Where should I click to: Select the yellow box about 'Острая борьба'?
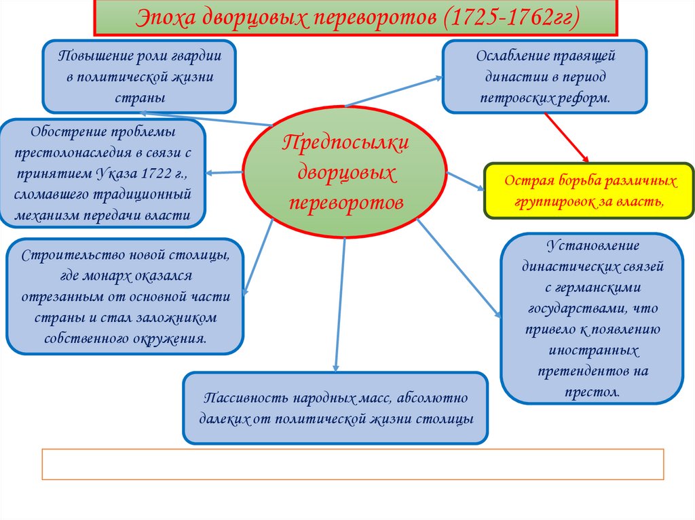tap(590, 191)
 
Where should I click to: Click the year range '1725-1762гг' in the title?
tap(510, 18)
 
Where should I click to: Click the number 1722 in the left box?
tap(158, 173)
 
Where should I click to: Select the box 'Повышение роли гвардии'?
tap(139, 76)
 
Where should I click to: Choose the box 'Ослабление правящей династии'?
tap(544, 76)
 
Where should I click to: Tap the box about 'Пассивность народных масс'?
tap(335, 407)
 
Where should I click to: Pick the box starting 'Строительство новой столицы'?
tap(124, 296)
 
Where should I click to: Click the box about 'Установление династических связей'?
tap(592, 318)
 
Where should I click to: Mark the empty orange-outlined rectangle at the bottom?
tap(352, 464)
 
